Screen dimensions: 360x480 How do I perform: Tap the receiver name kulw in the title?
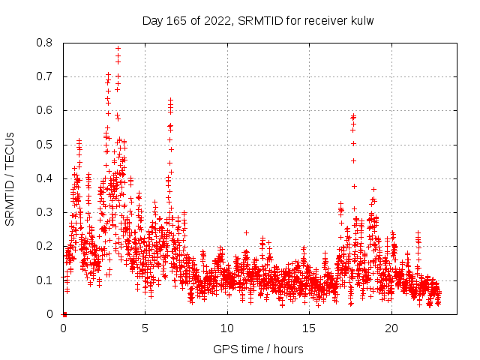click(x=361, y=20)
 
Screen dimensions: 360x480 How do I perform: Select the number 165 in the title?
click(x=175, y=20)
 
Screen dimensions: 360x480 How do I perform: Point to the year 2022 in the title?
click(x=217, y=20)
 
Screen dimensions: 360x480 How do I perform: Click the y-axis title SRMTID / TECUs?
click(x=10, y=178)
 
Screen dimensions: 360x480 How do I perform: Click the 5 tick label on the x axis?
click(x=145, y=328)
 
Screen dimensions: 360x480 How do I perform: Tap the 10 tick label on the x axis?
click(x=227, y=328)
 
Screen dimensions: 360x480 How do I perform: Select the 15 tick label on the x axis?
click(x=310, y=328)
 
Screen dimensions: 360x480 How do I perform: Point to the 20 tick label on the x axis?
click(x=391, y=328)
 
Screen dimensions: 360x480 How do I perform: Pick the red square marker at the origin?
click(x=64, y=314)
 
